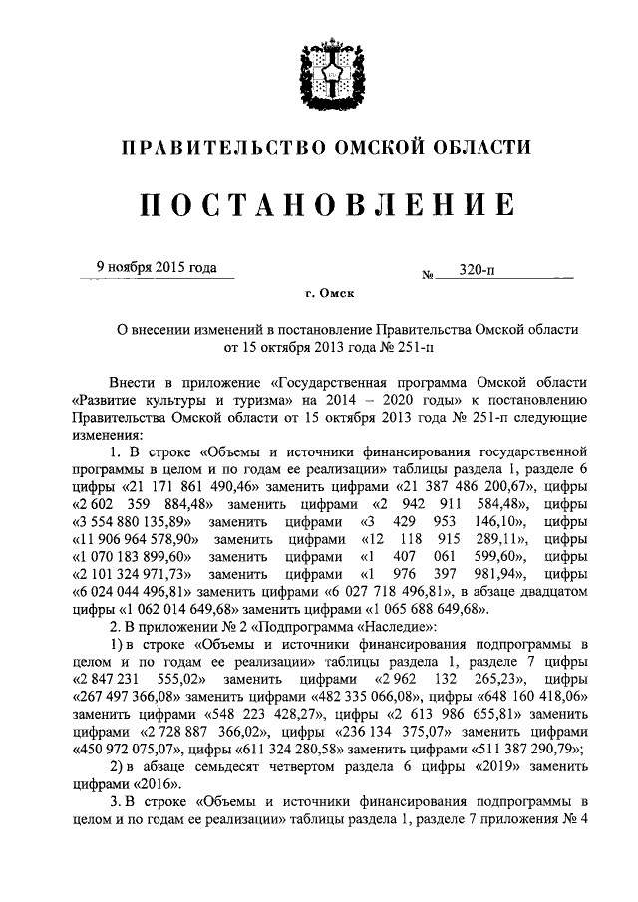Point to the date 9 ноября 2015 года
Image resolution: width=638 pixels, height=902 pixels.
tap(155, 267)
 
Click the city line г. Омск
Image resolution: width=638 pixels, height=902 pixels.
tap(329, 294)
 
